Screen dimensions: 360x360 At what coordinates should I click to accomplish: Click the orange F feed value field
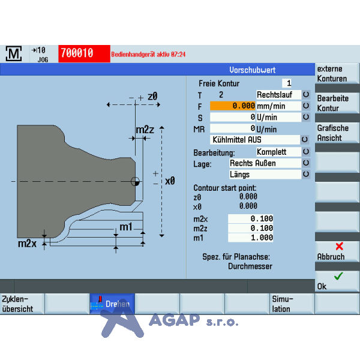(232, 106)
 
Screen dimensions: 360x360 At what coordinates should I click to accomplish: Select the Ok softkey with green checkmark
(337, 281)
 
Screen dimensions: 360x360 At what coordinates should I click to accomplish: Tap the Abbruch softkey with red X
(337, 251)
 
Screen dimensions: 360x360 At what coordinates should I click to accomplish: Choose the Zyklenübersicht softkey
(22, 304)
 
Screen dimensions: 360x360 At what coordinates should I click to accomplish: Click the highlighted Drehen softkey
(112, 304)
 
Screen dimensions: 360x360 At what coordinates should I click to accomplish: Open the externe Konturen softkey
(337, 73)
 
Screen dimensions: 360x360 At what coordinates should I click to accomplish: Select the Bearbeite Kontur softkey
(337, 103)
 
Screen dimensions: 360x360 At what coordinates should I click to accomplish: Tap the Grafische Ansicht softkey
(337, 133)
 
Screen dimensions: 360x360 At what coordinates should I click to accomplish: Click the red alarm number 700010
(84, 53)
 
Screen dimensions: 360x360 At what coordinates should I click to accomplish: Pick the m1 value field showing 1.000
(250, 238)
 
